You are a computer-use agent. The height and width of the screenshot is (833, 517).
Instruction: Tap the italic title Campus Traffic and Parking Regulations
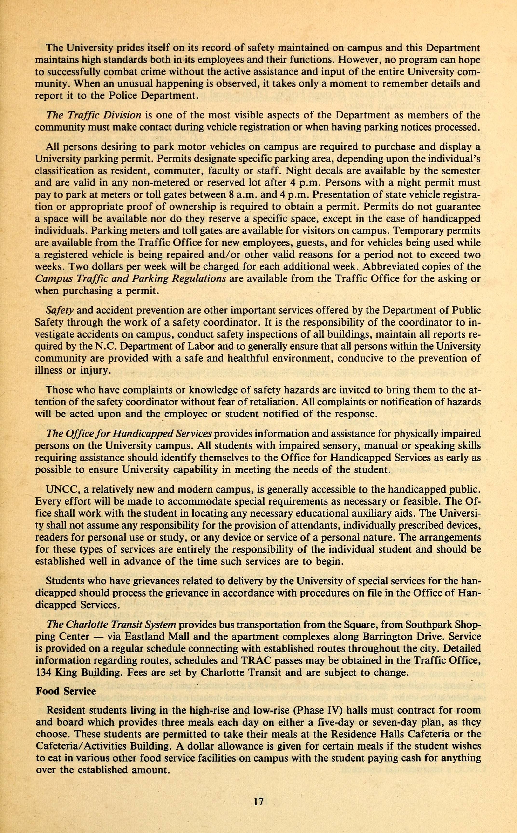[131, 278]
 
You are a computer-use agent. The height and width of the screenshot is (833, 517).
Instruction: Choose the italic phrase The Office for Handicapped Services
[129, 434]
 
